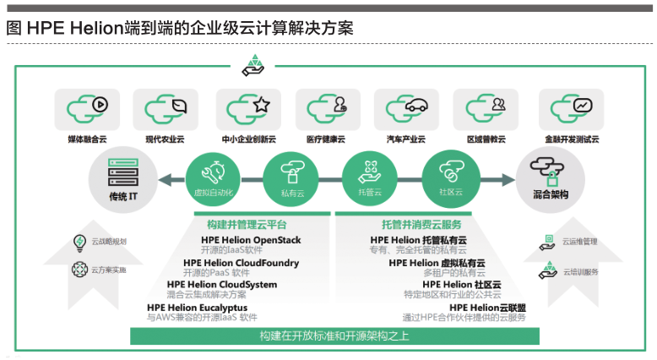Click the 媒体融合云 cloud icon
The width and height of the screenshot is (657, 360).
click(87, 109)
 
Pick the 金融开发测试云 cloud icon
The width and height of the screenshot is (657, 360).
click(572, 109)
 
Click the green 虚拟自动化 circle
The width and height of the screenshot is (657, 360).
click(212, 176)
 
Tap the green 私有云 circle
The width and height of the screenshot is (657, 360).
click(290, 176)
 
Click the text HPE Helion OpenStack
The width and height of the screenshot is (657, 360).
click(249, 241)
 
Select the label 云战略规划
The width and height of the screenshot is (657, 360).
click(109, 243)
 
